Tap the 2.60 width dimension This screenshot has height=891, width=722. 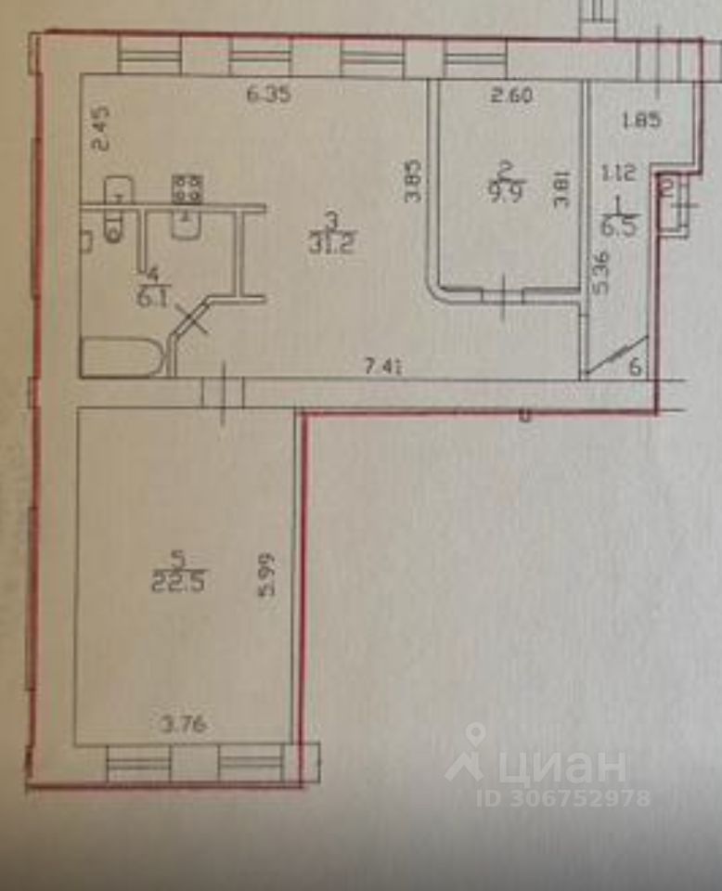(x=512, y=94)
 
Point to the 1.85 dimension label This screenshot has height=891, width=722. (x=643, y=120)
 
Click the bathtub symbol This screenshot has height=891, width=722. (x=123, y=356)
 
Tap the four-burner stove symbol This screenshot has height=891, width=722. (x=188, y=189)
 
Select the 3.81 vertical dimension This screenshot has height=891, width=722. (x=561, y=190)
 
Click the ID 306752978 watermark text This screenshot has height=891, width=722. (x=563, y=797)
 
